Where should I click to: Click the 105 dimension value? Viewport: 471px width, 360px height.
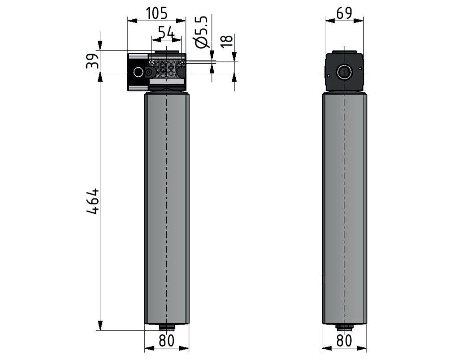156,13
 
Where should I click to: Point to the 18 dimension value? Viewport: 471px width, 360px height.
227,41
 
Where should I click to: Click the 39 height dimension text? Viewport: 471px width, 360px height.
92,61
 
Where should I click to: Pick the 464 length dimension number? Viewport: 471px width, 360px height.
92,201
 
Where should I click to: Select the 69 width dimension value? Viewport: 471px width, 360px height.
344,13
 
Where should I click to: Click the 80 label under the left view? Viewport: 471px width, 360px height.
166,340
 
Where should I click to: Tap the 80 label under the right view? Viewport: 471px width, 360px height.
344,340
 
